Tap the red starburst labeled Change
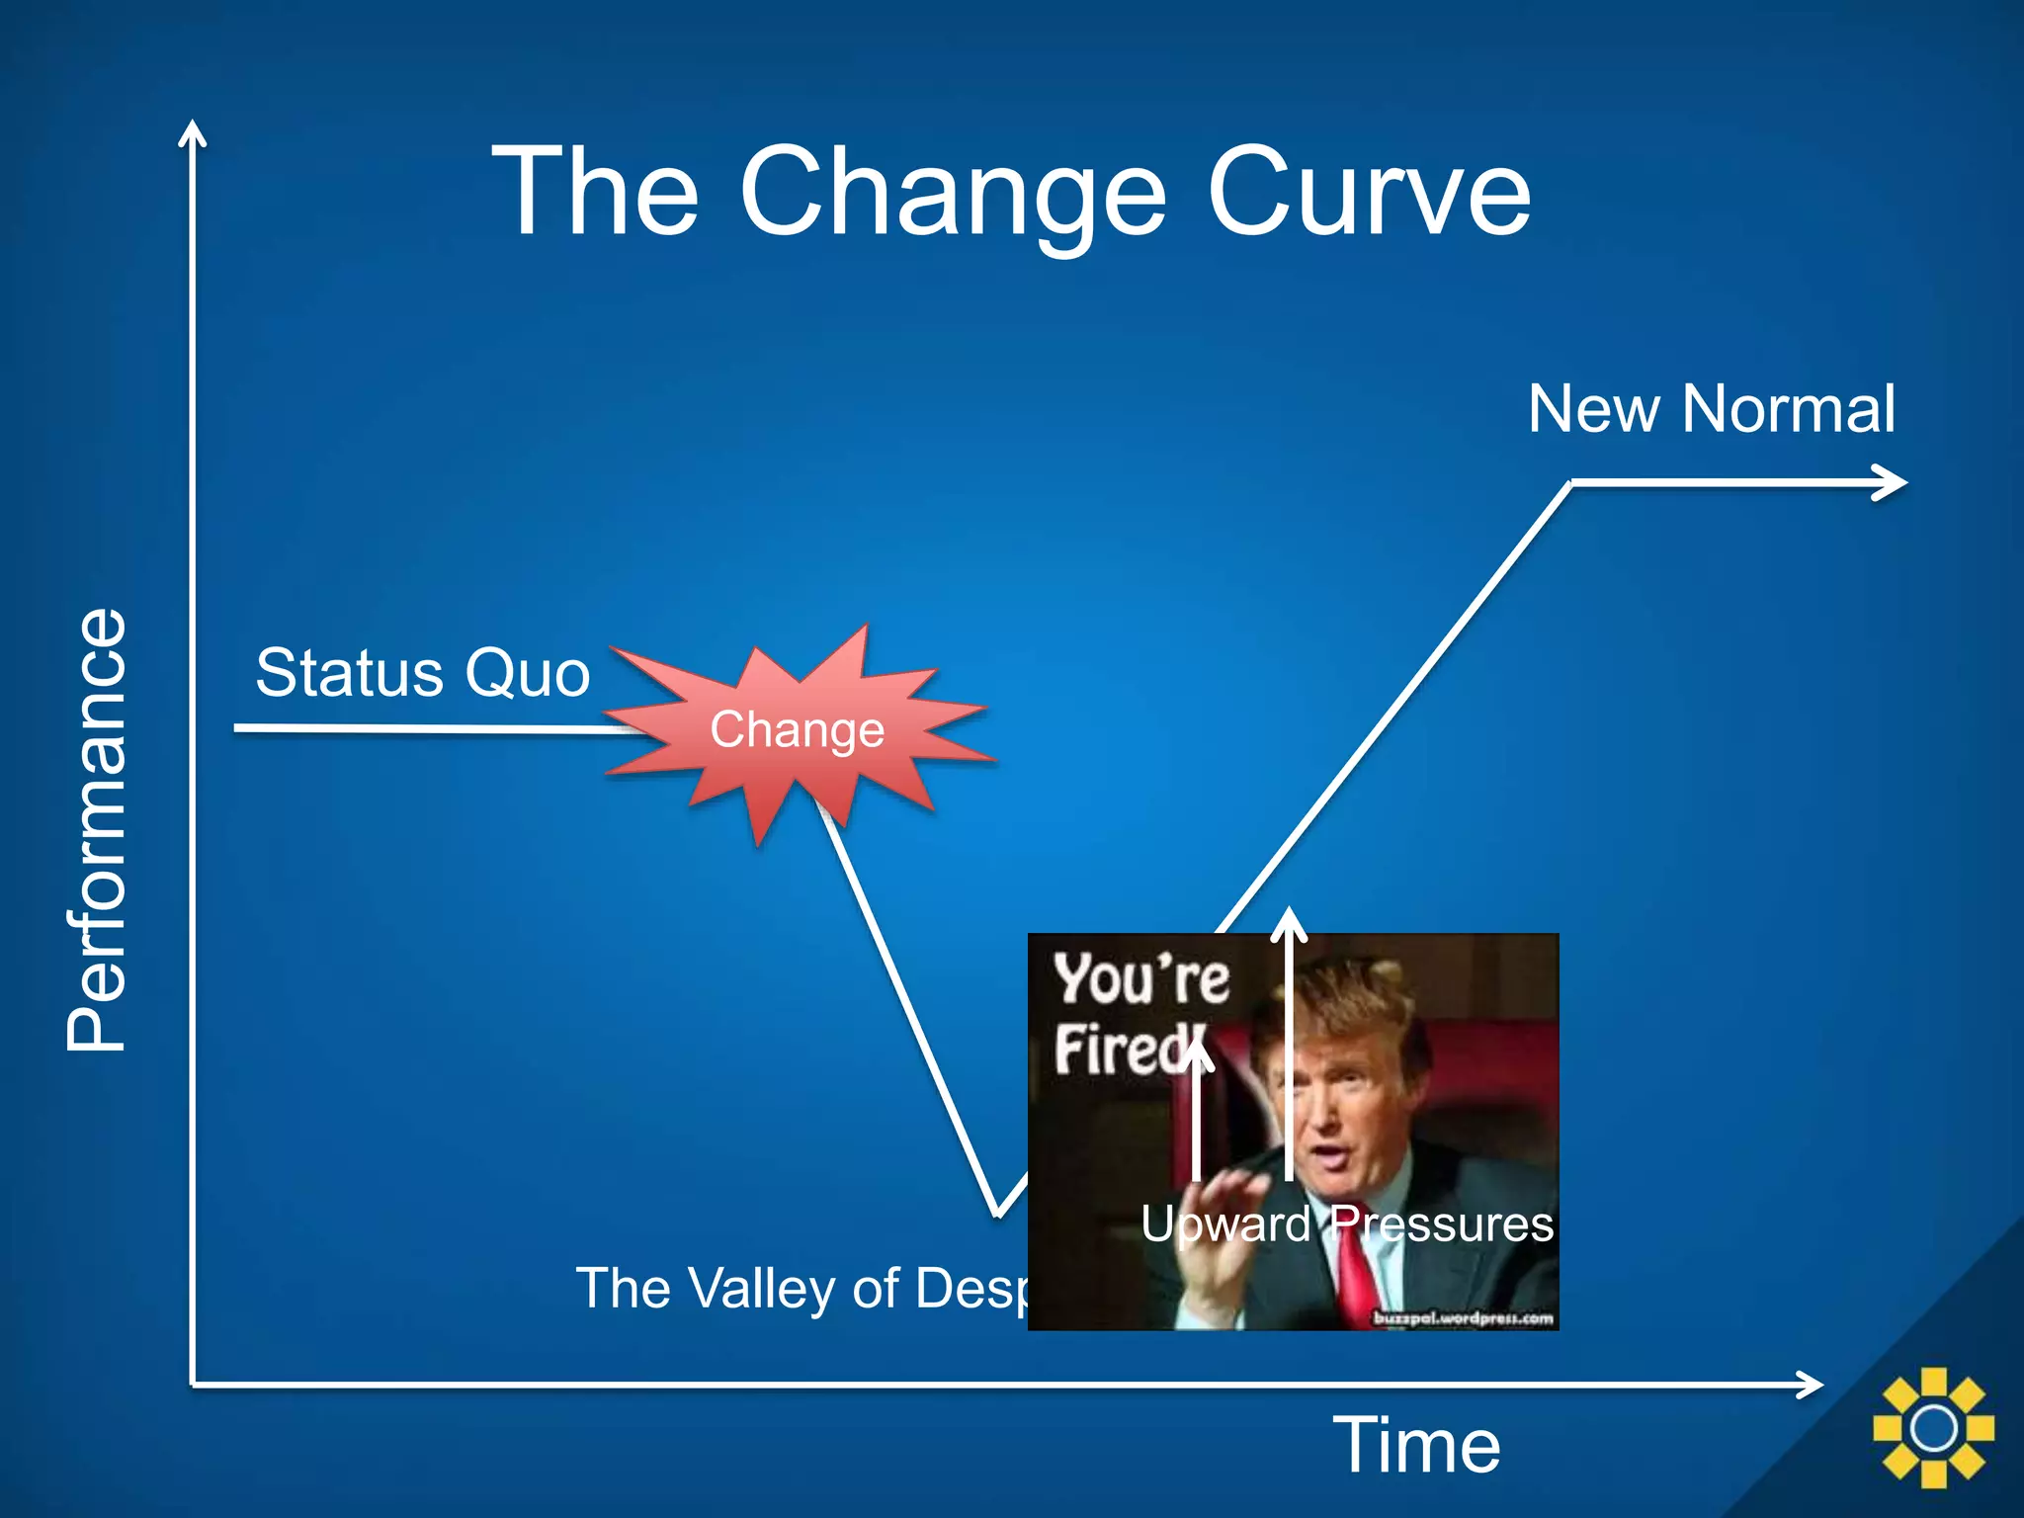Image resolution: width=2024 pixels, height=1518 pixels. coord(797,729)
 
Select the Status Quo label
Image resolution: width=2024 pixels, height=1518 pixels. coord(422,673)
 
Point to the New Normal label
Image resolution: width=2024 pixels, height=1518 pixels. coord(1711,408)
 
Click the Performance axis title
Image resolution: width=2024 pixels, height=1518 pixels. coord(97,829)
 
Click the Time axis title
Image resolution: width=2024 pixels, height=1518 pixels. coord(1416,1445)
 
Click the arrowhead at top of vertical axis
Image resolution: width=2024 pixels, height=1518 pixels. coord(193,132)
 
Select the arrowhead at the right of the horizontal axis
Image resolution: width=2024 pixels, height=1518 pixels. coord(1813,1385)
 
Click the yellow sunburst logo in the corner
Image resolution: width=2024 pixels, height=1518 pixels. coord(1933,1427)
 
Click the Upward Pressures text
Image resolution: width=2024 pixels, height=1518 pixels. coord(1346,1223)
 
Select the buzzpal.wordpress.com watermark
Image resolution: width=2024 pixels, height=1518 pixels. coord(1463,1317)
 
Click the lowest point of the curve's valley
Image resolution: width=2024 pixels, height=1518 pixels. coord(997,1215)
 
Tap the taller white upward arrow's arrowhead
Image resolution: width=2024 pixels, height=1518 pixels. coord(1289,919)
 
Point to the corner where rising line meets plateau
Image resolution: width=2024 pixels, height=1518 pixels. coord(1570,483)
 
